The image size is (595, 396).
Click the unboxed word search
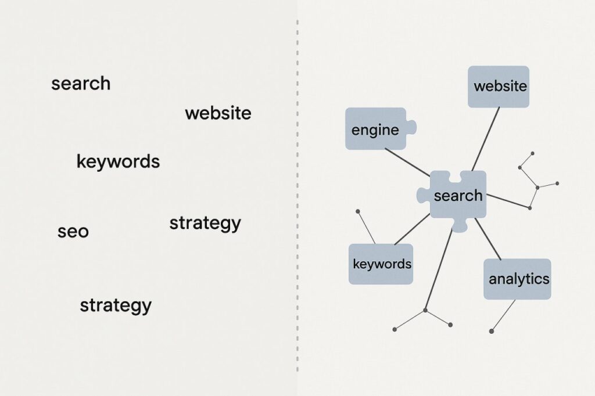[81, 84]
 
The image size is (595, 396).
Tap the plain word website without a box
[218, 113]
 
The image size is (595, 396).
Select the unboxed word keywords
[118, 161]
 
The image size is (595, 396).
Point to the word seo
[73, 232]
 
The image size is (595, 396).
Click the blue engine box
[375, 129]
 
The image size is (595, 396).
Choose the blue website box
[499, 87]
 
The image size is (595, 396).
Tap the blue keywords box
[381, 264]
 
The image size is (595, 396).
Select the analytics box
[517, 279]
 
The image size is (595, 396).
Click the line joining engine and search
[407, 162]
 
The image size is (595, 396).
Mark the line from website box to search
[485, 139]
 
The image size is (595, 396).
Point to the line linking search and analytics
[488, 239]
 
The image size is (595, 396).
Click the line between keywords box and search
[412, 229]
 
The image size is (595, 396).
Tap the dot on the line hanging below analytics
[492, 331]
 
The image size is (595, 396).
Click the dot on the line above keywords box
[357, 211]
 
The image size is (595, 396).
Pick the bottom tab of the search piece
[459, 226]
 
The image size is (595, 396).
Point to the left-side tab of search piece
[422, 196]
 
